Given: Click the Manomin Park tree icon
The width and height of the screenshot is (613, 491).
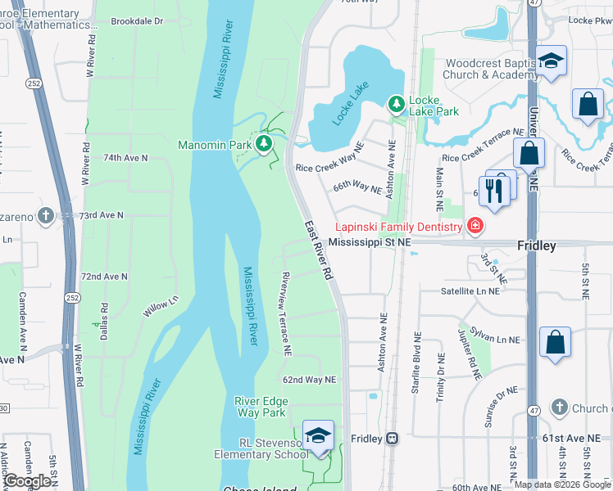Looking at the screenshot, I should tap(264, 145).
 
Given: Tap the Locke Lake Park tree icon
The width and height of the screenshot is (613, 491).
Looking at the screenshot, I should tap(397, 103).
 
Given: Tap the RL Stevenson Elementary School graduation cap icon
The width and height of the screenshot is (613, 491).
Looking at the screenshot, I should tap(318, 435).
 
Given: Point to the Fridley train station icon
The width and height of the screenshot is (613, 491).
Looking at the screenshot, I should tap(393, 439).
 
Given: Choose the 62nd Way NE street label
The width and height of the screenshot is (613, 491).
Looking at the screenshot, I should tap(310, 380).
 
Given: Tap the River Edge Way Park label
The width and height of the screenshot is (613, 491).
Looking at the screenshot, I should tap(260, 407).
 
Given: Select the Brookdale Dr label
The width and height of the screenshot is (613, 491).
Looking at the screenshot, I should tap(137, 21).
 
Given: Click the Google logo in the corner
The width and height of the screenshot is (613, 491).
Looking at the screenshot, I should tap(27, 481).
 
